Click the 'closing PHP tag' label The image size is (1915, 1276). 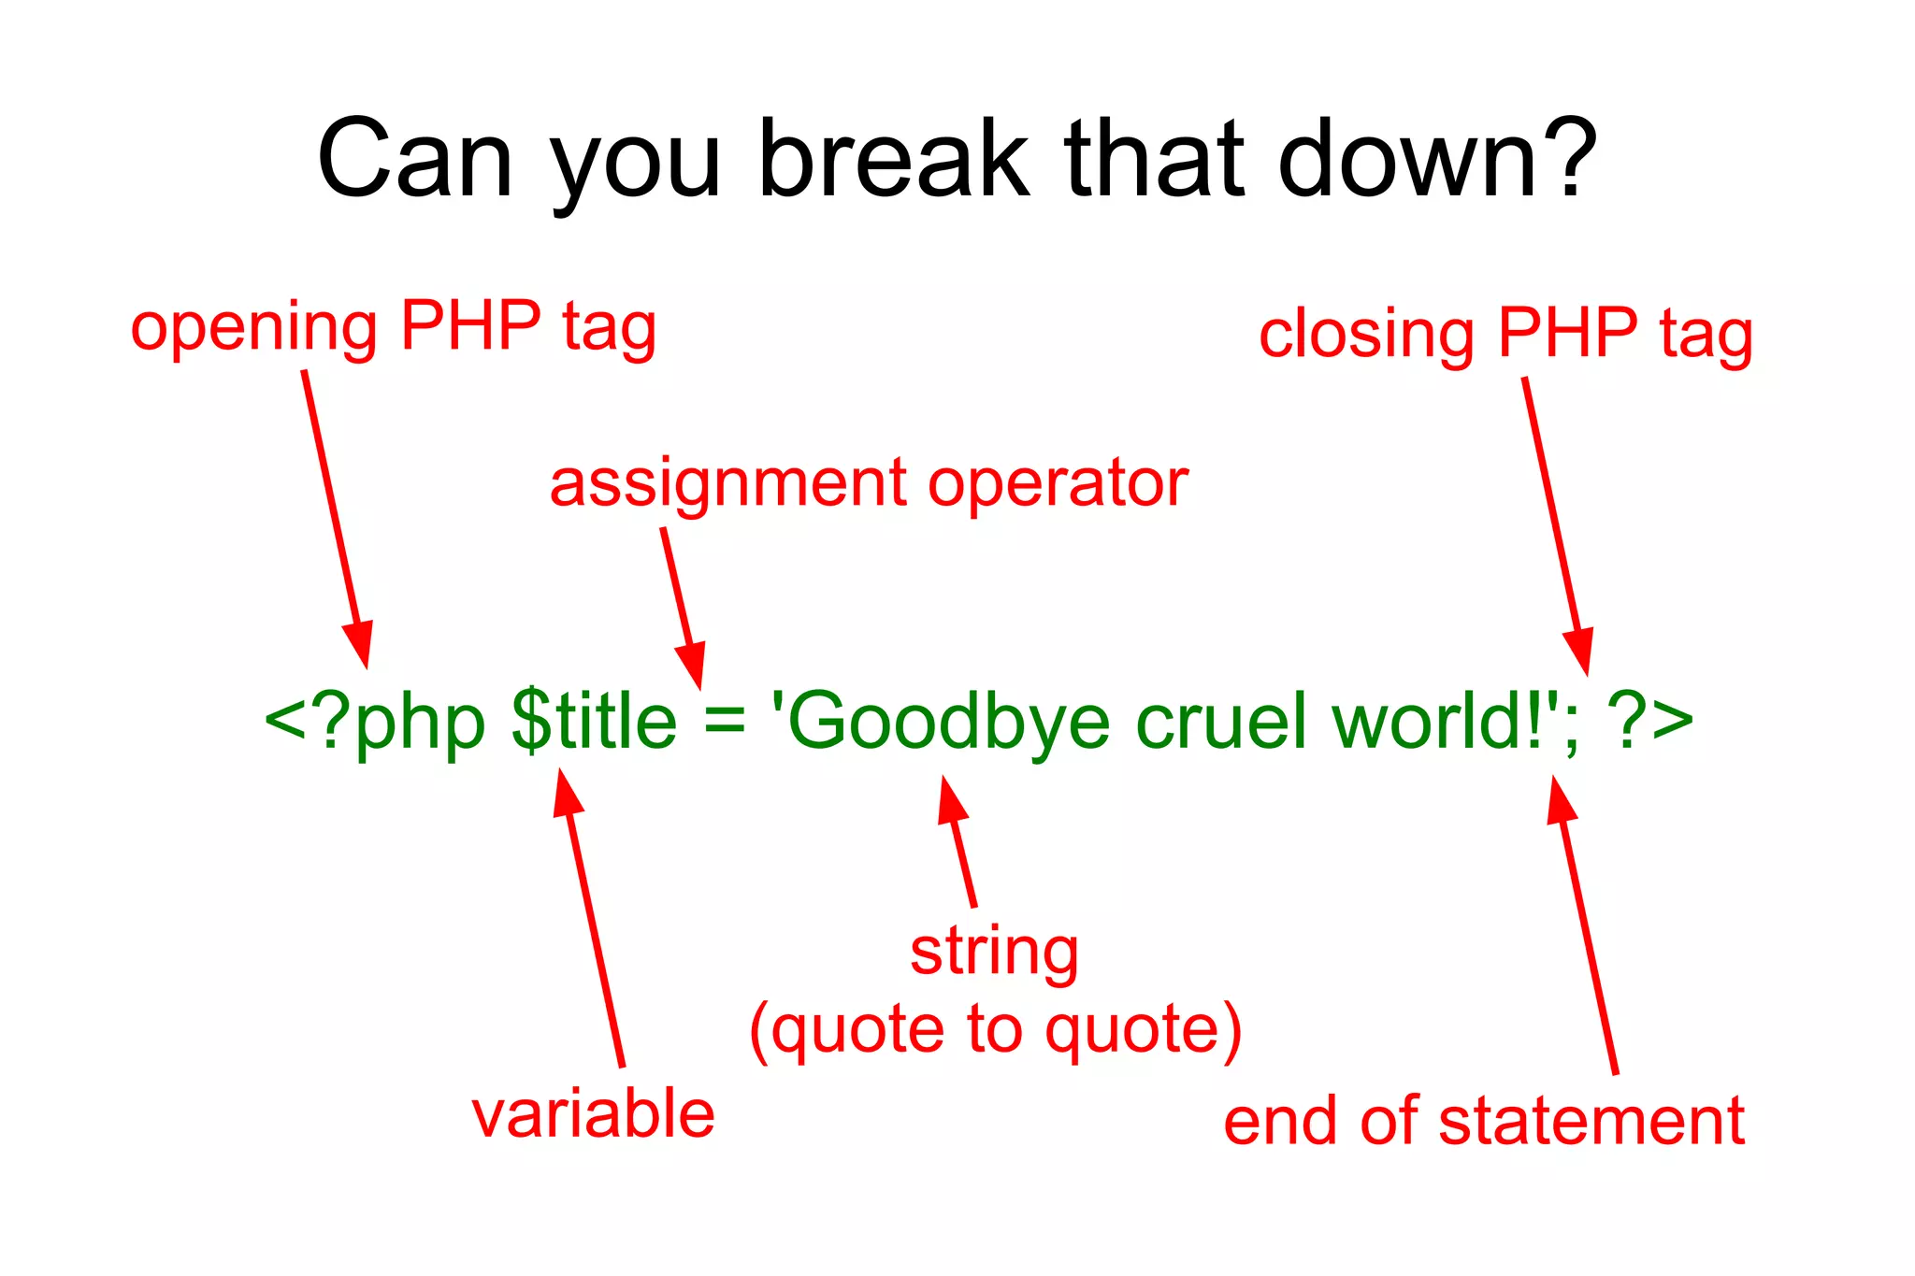(1505, 334)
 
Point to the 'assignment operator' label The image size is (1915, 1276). (868, 483)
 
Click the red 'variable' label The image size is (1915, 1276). (593, 1114)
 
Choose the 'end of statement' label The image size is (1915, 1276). (1483, 1121)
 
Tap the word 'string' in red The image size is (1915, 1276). (994, 953)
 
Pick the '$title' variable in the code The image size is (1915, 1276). (594, 722)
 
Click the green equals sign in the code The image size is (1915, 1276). (725, 722)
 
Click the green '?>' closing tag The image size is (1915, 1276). (1650, 722)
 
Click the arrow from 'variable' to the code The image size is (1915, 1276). (592, 925)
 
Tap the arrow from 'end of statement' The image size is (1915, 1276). (1586, 925)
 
